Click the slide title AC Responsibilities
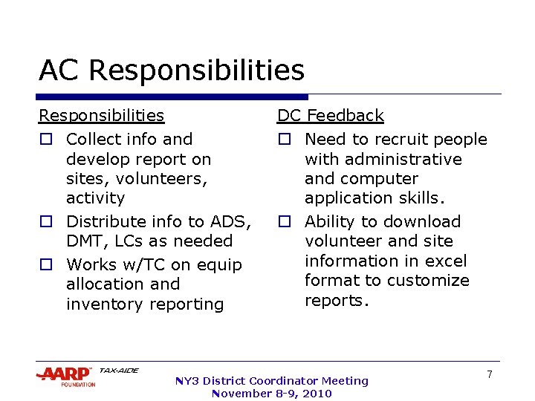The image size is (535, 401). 172,71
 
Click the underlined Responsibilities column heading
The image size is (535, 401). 101,116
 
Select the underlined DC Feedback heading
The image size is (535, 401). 330,116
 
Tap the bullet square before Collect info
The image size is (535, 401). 45,140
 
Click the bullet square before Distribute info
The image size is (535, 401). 45,222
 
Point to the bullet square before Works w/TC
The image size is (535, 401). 45,265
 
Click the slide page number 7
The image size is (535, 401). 490,375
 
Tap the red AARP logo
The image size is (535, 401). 65,374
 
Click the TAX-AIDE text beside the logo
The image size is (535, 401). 118,371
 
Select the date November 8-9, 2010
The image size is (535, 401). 271,394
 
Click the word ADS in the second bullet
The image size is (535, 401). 230,222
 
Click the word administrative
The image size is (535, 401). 383,160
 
